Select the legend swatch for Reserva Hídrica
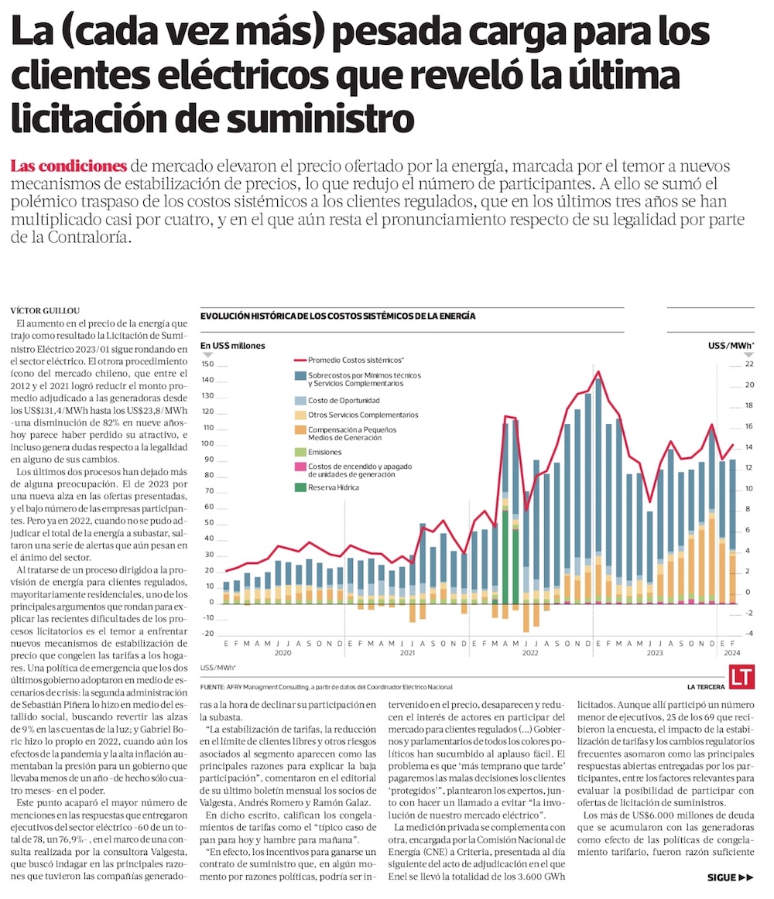(x=300, y=487)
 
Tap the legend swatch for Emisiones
(x=300, y=452)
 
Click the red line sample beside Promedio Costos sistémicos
(x=300, y=360)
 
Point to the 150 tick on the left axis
(x=207, y=364)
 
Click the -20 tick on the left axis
(x=207, y=634)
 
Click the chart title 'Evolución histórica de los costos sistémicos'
(x=337, y=316)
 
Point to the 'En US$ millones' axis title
(x=233, y=345)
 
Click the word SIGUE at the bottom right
(x=722, y=877)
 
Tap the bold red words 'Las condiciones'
(x=69, y=166)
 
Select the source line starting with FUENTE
(x=326, y=687)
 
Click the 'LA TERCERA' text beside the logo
(x=705, y=687)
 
